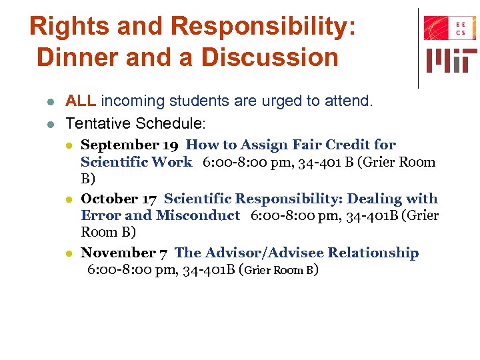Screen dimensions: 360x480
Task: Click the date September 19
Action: coord(130,145)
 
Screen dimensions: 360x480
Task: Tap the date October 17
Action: coord(119,199)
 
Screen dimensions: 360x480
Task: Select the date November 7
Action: coord(124,253)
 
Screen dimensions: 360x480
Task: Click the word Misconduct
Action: coord(197,215)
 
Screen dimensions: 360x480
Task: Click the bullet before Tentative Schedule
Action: coord(51,124)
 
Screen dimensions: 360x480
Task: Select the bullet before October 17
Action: coord(69,199)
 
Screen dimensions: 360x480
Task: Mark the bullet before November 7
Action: coord(69,253)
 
